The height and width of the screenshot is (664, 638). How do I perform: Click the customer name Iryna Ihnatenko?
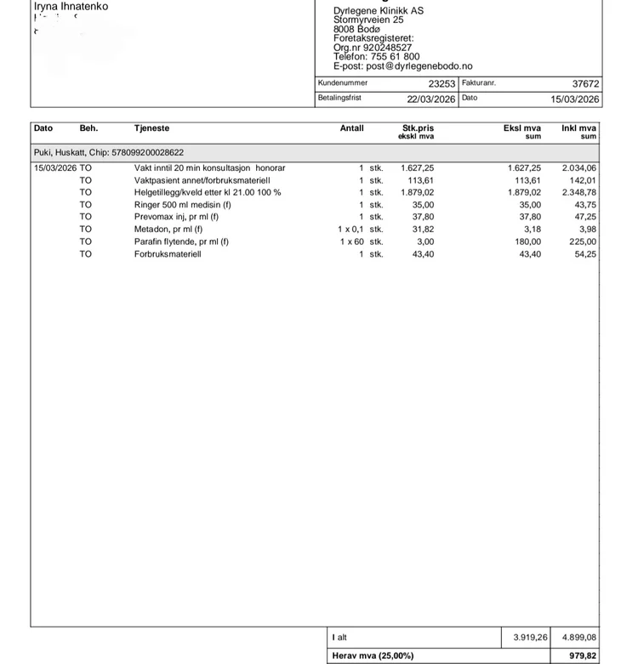click(x=71, y=7)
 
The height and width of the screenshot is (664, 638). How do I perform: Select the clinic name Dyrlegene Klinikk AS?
click(x=378, y=11)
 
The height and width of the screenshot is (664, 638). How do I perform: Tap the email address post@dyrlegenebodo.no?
click(x=402, y=66)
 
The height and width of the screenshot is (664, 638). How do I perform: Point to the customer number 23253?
click(x=441, y=84)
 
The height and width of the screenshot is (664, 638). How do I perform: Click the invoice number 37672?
click(x=585, y=84)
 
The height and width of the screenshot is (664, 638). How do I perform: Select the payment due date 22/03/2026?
click(x=430, y=99)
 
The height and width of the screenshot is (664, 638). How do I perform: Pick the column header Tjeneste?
click(x=151, y=128)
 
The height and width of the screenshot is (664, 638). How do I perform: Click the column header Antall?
click(x=351, y=128)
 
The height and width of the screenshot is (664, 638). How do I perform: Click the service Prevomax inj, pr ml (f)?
click(x=176, y=217)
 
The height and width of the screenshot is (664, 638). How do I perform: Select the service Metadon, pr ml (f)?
click(x=168, y=229)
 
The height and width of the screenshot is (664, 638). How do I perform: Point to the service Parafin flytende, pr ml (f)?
click(x=181, y=241)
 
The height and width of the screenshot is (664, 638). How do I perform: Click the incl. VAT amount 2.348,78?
click(x=579, y=192)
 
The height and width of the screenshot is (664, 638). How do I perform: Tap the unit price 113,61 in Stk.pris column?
click(x=420, y=180)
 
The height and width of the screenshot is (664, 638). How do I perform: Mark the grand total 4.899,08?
click(x=578, y=638)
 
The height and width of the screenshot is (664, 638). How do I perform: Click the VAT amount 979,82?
click(x=583, y=655)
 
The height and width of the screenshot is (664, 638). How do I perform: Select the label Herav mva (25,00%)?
click(x=373, y=655)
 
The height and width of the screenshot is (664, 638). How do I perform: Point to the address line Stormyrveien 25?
click(x=368, y=20)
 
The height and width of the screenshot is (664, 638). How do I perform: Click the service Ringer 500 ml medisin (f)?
click(x=182, y=205)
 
